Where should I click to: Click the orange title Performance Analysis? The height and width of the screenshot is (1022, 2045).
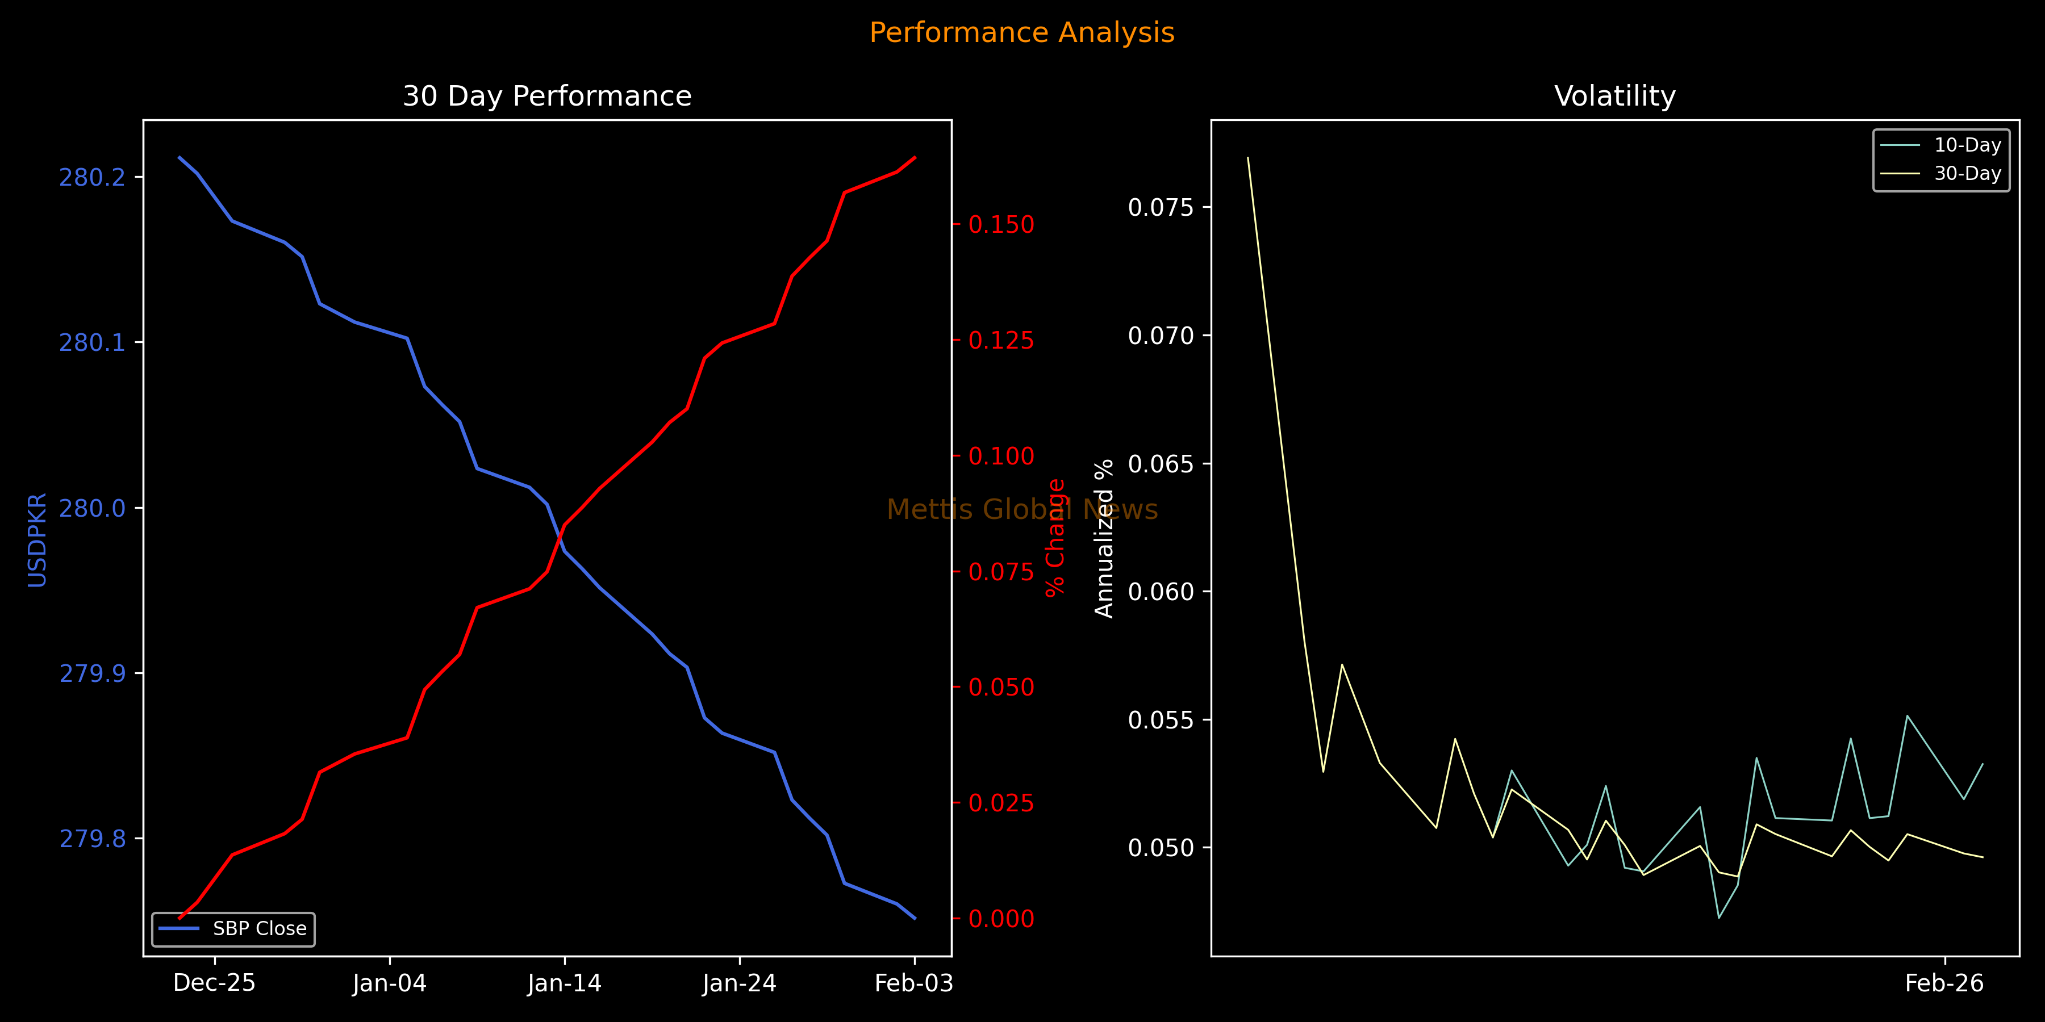coord(1022,32)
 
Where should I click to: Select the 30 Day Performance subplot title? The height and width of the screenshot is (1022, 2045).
coord(547,96)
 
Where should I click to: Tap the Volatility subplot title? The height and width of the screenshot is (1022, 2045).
coord(1615,96)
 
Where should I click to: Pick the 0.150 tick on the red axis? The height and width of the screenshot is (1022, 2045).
coord(1001,224)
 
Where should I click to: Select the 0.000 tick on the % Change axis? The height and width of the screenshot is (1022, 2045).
coord(1001,919)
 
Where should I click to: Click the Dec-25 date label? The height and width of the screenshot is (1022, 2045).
coord(214,983)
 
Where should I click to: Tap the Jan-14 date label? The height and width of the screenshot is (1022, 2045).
coord(565,983)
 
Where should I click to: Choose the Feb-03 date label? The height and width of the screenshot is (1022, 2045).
coord(914,983)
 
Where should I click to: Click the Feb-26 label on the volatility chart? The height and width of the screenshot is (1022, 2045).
coord(1944,983)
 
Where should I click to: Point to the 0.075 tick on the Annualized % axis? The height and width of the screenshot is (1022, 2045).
coord(1161,207)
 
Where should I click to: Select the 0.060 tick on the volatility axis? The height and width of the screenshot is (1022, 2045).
coord(1161,592)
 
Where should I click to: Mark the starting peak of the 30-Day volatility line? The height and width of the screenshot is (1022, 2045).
coord(1248,158)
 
